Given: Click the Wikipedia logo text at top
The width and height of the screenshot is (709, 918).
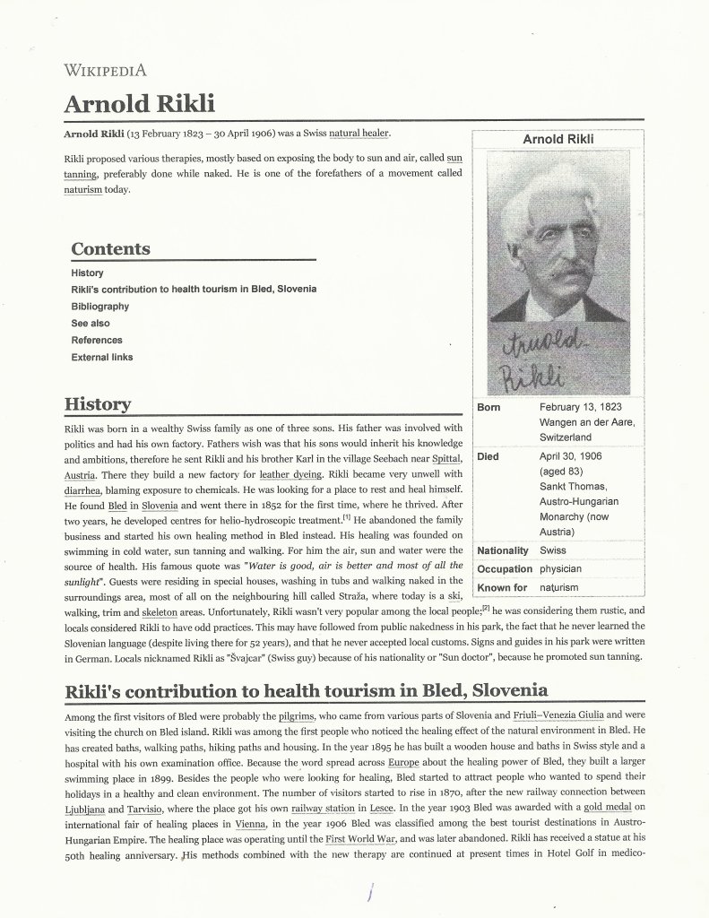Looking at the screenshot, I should coord(105,71).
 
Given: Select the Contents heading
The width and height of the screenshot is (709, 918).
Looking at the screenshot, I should coord(110,248).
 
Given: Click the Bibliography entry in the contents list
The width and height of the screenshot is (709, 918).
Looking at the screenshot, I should coord(99,307).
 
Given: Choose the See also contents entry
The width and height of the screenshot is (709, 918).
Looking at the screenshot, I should coord(91,323).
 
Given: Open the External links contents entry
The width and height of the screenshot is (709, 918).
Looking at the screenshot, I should coord(102,357).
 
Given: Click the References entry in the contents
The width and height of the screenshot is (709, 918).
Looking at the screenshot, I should coord(97,340).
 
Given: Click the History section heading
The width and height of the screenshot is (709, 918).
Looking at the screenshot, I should coord(98,404).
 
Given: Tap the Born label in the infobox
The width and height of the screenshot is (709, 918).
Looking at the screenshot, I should coord(489,407).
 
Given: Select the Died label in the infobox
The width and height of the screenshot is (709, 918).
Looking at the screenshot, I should coord(489,455).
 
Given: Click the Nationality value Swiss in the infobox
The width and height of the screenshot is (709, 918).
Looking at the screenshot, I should coord(552,550).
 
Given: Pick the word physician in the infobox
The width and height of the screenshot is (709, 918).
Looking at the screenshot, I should coord(560,569).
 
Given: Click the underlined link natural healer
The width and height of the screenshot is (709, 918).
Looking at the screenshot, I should coord(359,134).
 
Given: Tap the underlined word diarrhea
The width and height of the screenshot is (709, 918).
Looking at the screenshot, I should coord(83,489).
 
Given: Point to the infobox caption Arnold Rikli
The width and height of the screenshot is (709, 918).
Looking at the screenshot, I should coord(558,139).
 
